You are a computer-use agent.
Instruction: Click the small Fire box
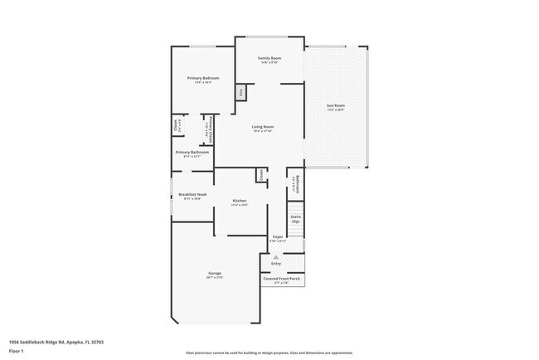pos(242,94)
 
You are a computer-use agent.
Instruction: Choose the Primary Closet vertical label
pos(211,129)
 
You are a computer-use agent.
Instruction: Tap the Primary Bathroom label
pos(192,153)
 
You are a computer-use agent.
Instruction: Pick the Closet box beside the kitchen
pos(260,174)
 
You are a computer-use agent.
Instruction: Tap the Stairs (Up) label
pos(295,219)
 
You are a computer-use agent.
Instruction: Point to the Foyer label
pos(278,237)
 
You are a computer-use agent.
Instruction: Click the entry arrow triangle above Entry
pos(275,257)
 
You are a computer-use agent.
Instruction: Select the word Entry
pos(275,264)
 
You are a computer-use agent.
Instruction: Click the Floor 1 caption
pos(17,351)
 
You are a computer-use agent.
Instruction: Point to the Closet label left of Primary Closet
pos(177,126)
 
